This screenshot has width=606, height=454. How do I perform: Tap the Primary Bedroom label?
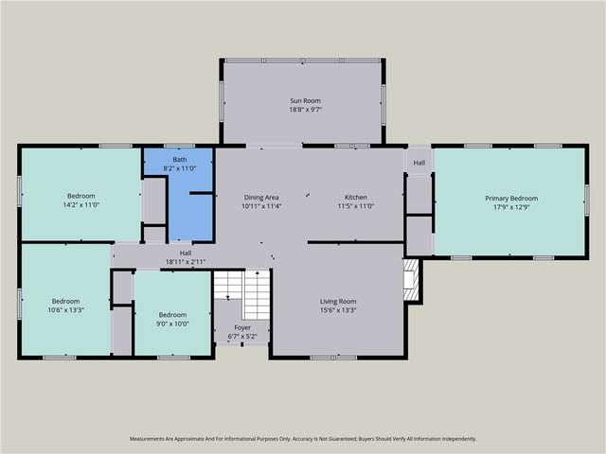tap(511, 199)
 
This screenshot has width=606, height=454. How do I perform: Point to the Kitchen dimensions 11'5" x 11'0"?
tap(355, 206)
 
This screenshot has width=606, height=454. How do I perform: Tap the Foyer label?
tap(241, 327)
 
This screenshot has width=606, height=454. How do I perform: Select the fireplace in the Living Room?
tap(410, 281)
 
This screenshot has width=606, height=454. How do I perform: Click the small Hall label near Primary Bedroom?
tap(419, 163)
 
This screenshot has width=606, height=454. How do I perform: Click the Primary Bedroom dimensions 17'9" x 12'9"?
tap(511, 208)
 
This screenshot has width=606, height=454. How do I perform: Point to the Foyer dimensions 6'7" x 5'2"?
tap(241, 337)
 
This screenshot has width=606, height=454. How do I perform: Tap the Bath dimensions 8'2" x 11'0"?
tap(179, 167)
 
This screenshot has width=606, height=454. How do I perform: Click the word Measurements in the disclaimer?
tap(150, 439)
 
